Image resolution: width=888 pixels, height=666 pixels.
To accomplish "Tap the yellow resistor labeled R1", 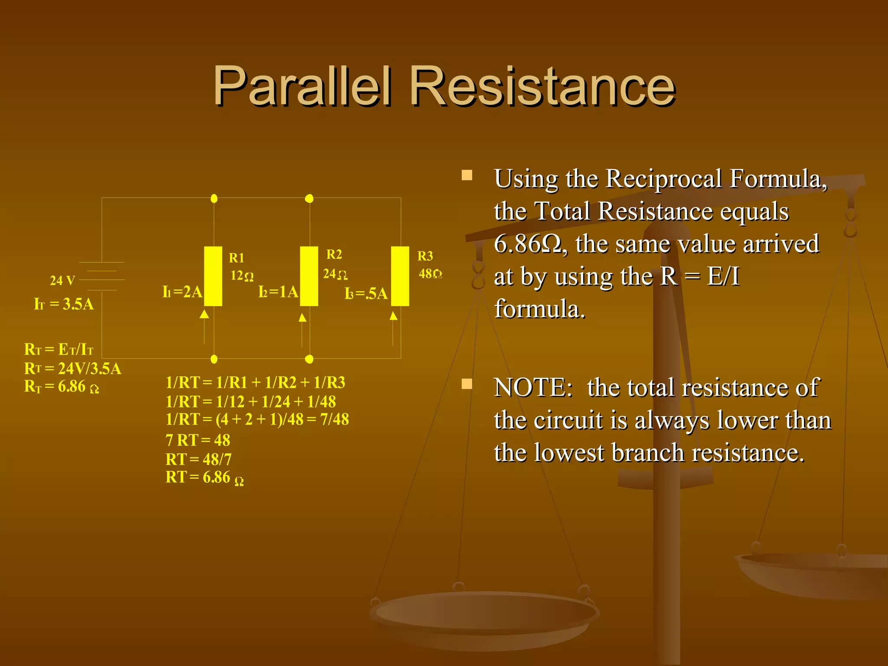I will [213, 276].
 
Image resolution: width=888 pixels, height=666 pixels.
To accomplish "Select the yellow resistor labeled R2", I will [309, 276].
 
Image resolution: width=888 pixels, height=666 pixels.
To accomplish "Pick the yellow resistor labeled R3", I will [400, 276].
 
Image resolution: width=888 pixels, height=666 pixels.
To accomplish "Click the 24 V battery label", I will [62, 281].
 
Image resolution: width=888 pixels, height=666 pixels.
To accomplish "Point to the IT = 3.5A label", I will [64, 304].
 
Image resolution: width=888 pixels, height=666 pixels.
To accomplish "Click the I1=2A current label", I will [182, 292].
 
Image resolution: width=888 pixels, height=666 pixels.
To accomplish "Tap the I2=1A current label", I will [278, 292].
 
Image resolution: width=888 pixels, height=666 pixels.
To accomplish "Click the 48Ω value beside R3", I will [430, 274].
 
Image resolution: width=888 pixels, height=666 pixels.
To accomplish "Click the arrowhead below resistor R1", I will [204, 314].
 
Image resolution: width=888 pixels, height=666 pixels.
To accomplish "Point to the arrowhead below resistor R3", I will [393, 316].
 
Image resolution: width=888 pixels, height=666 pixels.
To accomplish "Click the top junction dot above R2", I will [309, 199].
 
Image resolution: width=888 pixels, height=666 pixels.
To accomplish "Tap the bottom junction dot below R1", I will [214, 359].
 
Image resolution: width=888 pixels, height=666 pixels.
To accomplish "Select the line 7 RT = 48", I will [198, 440].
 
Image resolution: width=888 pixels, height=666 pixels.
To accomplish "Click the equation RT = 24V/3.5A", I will [72, 369].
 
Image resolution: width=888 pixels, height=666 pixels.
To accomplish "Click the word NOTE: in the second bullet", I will [533, 387].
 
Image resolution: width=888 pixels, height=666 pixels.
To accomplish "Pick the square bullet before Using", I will [467, 175].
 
